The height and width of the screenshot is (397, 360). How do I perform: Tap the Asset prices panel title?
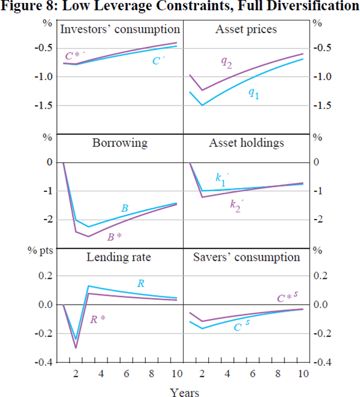pyautogui.click(x=242, y=29)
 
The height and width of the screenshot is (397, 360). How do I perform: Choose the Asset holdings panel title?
pyautogui.click(x=242, y=143)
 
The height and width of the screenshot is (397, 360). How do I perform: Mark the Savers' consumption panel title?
pyautogui.click(x=246, y=257)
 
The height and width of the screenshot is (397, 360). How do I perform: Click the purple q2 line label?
pyautogui.click(x=227, y=64)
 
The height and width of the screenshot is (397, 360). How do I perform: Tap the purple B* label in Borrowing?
pyautogui.click(x=115, y=237)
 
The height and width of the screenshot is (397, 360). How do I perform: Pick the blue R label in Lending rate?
pyautogui.click(x=140, y=283)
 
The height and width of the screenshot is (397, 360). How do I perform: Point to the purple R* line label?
pyautogui.click(x=97, y=320)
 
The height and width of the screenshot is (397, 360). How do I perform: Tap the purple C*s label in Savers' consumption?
pyautogui.click(x=289, y=296)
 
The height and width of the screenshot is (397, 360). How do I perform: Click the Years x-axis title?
pyautogui.click(x=182, y=392)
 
